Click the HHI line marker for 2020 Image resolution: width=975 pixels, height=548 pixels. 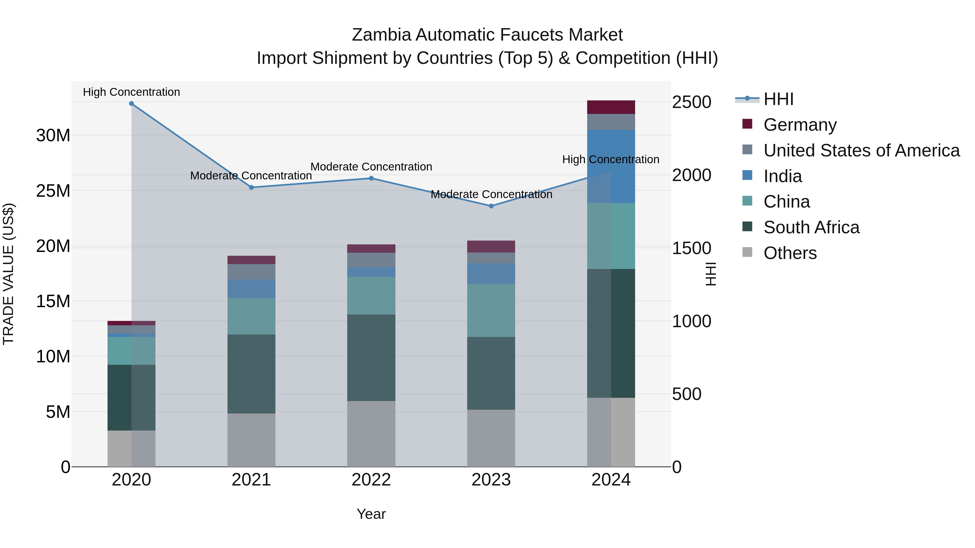coord(131,104)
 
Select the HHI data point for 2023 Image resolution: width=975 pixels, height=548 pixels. coord(491,206)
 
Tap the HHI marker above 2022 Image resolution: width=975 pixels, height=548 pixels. coord(371,178)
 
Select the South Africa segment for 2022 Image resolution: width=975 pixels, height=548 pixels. coord(371,357)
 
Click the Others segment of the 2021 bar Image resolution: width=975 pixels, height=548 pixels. coord(251,439)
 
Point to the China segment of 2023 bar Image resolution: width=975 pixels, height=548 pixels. coord(491,310)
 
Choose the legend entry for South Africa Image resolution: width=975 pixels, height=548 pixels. coord(811,227)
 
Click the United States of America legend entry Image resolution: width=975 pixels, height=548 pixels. coord(861,150)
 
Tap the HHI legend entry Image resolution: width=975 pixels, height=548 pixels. coord(778,99)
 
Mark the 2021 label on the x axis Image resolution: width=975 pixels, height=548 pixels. coord(251,480)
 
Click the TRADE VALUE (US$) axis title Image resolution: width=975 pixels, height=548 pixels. coord(8,274)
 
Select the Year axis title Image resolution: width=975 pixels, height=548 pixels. coord(371,514)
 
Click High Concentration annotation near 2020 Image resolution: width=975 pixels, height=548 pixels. coord(131,92)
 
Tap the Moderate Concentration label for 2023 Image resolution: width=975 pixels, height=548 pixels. coord(491,194)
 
